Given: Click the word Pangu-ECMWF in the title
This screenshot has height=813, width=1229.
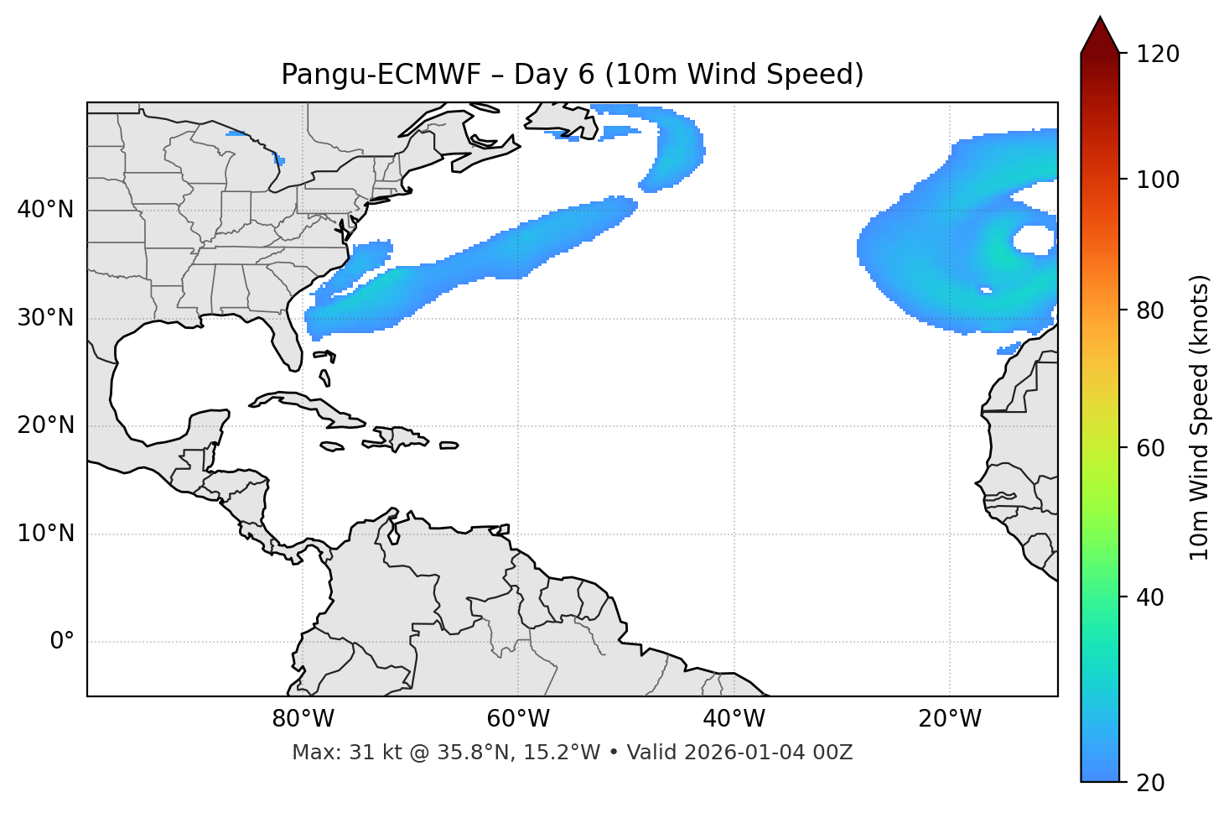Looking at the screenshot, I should [x=381, y=75].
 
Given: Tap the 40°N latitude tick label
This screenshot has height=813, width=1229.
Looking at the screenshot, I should [x=45, y=210].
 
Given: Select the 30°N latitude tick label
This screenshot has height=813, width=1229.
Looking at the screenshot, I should [x=45, y=318].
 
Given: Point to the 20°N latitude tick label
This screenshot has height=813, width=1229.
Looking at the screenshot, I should [x=45, y=425].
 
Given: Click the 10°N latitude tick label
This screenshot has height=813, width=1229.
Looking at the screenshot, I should [x=45, y=534].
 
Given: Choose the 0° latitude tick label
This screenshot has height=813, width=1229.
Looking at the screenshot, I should [x=62, y=642].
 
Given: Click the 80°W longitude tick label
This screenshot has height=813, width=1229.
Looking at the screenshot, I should [x=303, y=719].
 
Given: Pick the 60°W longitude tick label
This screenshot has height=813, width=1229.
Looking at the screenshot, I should [x=518, y=719].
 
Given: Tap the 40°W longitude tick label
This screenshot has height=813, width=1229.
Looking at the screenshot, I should [x=734, y=719].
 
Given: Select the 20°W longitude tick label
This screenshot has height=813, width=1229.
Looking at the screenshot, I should [x=949, y=719].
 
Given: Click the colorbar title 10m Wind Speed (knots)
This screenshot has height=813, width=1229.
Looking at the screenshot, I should [x=1200, y=418].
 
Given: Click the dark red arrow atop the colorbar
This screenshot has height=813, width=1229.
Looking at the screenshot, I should [x=1100, y=35].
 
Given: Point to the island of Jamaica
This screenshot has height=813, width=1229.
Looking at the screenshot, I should [x=332, y=446].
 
